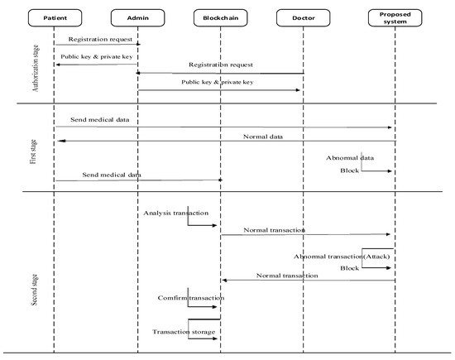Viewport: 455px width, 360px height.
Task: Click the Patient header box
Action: (x=55, y=17)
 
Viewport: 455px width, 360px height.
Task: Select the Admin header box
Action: (x=138, y=17)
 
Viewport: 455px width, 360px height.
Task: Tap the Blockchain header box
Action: (x=220, y=17)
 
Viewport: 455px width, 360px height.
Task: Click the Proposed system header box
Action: (x=395, y=17)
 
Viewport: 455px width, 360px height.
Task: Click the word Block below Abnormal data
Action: (x=350, y=170)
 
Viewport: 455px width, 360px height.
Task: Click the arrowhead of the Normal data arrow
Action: (x=58, y=141)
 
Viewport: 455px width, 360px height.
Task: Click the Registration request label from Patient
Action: (x=98, y=38)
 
